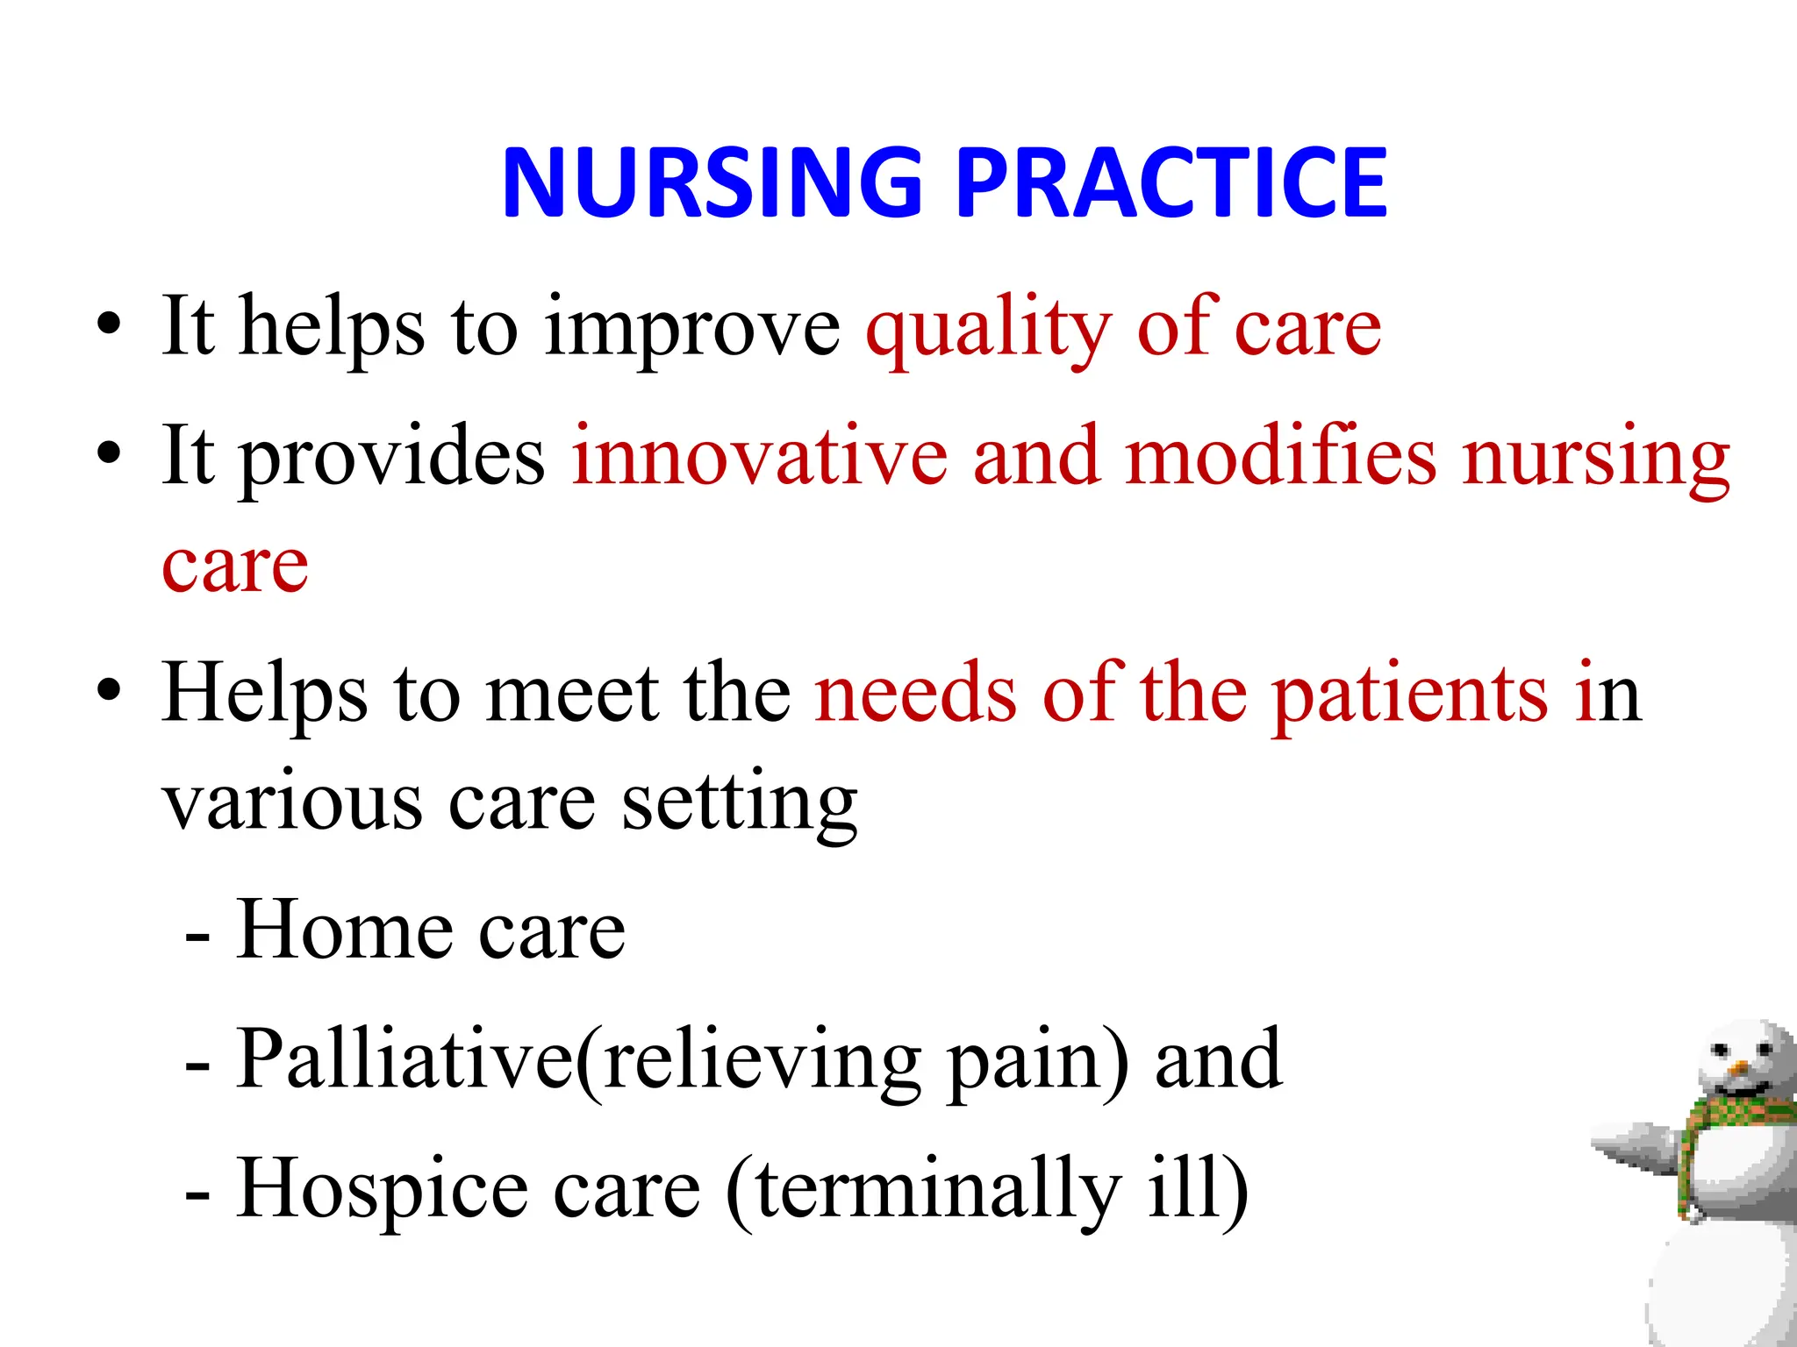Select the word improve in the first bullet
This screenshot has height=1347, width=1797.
(x=692, y=330)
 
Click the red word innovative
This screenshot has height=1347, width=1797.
(x=760, y=456)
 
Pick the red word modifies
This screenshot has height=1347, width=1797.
(x=1280, y=456)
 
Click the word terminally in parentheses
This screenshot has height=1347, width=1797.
(x=938, y=1188)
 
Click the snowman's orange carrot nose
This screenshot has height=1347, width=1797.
(x=1737, y=1069)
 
